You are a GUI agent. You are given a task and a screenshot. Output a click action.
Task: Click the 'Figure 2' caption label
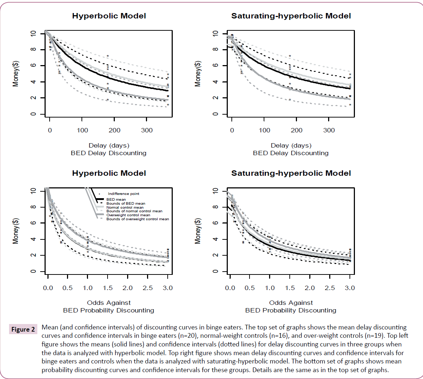pyautogui.click(x=23, y=329)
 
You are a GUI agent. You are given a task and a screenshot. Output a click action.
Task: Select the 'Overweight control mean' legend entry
pyautogui.click(x=128, y=215)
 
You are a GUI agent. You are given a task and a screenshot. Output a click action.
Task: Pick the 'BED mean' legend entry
pyautogui.click(x=116, y=200)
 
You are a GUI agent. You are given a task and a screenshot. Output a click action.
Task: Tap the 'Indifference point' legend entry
pyautogui.click(x=123, y=194)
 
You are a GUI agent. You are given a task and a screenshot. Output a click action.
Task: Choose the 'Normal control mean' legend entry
pyautogui.click(x=125, y=208)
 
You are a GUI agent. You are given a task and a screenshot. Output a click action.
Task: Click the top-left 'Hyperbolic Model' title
pyautogui.click(x=109, y=16)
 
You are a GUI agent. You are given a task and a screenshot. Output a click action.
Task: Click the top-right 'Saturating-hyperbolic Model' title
pyautogui.click(x=291, y=16)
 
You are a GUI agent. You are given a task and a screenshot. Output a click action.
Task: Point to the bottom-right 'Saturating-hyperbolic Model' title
pyautogui.click(x=291, y=173)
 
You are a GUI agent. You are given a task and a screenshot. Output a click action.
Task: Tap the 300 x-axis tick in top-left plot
pyautogui.click(x=147, y=130)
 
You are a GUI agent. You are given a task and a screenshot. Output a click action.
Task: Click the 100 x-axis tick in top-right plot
pyautogui.click(x=264, y=130)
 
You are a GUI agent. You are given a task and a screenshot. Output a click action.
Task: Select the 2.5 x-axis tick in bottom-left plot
pyautogui.click(x=147, y=288)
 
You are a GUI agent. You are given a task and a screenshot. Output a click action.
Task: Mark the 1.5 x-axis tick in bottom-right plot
pyautogui.click(x=290, y=288)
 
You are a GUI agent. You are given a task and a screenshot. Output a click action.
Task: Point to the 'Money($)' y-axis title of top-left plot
pyautogui.click(x=16, y=74)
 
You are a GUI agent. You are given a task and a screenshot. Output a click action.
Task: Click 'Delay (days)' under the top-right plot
pyautogui.click(x=291, y=145)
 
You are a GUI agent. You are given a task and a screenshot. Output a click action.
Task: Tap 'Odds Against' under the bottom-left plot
pyautogui.click(x=109, y=303)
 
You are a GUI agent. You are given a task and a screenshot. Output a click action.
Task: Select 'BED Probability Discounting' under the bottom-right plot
pyautogui.click(x=290, y=310)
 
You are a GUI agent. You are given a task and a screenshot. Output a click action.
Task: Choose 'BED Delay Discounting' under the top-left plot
pyautogui.click(x=109, y=153)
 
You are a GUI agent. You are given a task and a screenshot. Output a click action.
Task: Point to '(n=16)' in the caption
pyautogui.click(x=278, y=336)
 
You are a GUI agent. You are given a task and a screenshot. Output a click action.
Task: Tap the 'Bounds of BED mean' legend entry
pyautogui.click(x=126, y=204)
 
